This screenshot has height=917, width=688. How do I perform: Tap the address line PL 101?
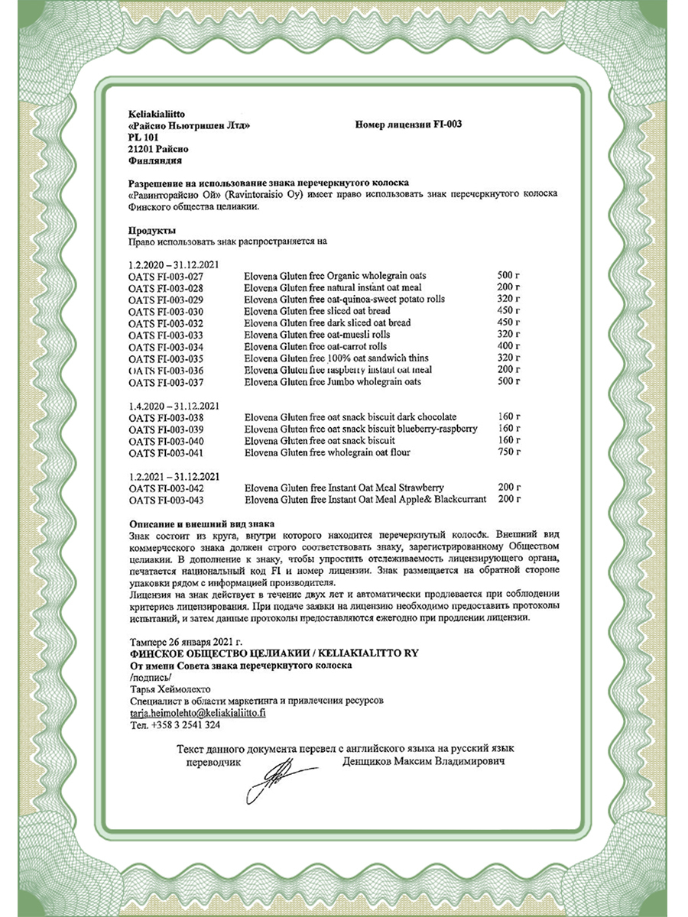[x=144, y=137]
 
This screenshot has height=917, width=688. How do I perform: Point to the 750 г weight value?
[x=509, y=452]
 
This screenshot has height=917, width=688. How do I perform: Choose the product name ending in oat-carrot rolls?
[x=316, y=346]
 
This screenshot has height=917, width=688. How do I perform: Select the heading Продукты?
[x=153, y=231]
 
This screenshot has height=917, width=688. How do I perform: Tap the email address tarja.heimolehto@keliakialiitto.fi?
[x=197, y=712]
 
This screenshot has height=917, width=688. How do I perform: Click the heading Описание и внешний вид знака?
[x=201, y=523]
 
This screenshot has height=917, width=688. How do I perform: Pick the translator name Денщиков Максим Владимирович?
[x=424, y=762]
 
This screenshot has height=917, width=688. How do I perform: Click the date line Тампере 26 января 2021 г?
[x=186, y=641]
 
